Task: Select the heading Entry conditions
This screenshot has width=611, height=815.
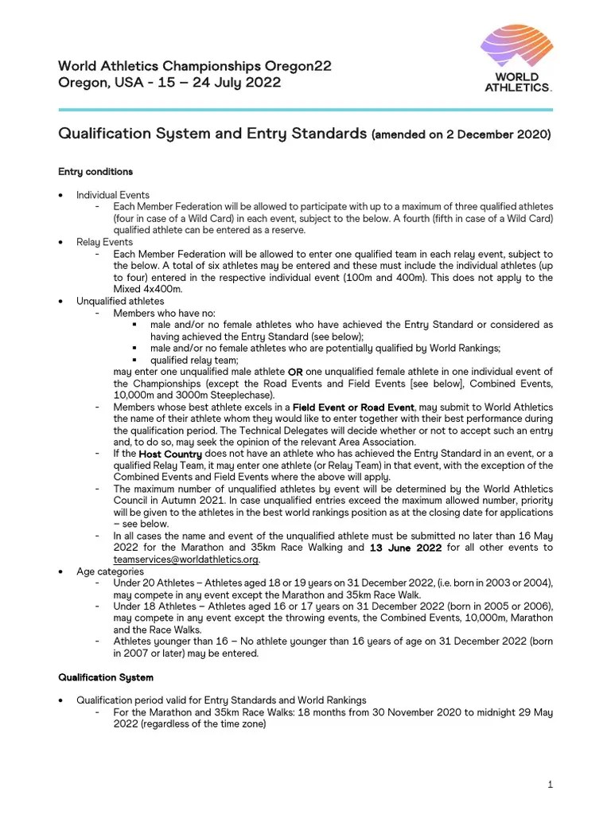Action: pyautogui.click(x=95, y=172)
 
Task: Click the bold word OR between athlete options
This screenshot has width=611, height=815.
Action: pyautogui.click(x=295, y=372)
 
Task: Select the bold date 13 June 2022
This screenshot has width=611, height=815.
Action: pyautogui.click(x=406, y=548)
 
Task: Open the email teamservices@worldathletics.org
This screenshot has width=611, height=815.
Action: pyautogui.click(x=185, y=560)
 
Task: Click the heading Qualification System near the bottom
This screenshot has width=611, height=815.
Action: pyautogui.click(x=106, y=677)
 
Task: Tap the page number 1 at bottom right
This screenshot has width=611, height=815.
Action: pyautogui.click(x=550, y=785)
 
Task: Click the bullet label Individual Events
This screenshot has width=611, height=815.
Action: pyautogui.click(x=113, y=195)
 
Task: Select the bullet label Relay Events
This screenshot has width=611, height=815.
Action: pyautogui.click(x=105, y=242)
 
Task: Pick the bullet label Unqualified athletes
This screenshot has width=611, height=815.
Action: pyautogui.click(x=120, y=301)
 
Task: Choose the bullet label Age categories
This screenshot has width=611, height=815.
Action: pyautogui.click(x=110, y=571)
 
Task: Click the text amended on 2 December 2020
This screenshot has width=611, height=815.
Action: pyautogui.click(x=461, y=135)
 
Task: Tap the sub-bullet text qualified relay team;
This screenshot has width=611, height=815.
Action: pyautogui.click(x=194, y=360)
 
